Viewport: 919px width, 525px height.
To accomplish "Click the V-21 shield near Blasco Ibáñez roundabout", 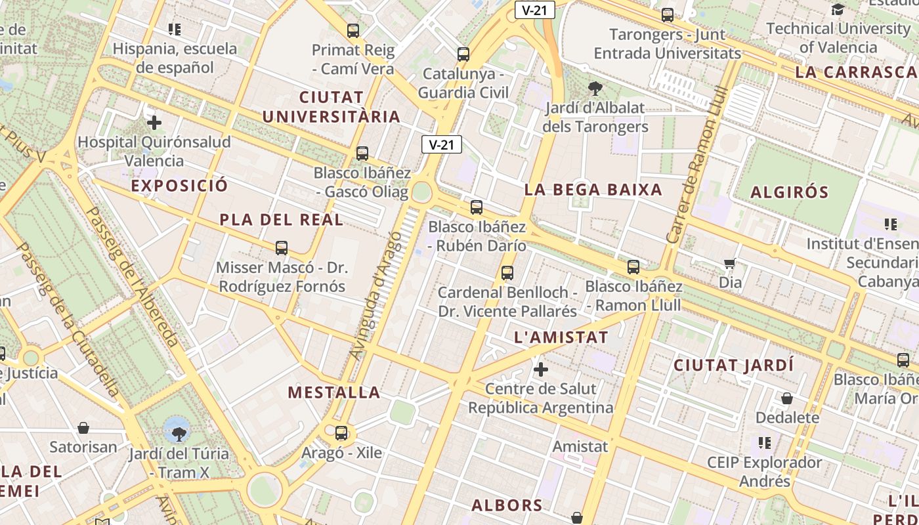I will tap(441, 144).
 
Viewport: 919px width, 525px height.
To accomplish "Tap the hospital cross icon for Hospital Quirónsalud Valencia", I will tap(154, 123).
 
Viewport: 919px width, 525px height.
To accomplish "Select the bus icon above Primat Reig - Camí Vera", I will tap(353, 30).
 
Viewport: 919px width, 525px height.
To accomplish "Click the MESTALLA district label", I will tap(334, 392).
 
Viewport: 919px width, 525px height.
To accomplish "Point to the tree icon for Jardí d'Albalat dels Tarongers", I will tap(595, 87).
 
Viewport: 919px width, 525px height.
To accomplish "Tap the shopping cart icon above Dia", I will tap(729, 264).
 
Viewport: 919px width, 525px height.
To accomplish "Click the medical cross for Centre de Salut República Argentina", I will tap(541, 369).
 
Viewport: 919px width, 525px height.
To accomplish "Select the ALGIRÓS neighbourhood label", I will tap(790, 192).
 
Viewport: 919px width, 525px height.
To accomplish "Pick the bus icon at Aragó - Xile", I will tap(341, 433).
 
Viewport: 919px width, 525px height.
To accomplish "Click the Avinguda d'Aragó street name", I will tap(375, 295).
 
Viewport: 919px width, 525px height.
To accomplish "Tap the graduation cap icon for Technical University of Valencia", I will tap(838, 9).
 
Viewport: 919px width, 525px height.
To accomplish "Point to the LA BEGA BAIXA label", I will tap(593, 190).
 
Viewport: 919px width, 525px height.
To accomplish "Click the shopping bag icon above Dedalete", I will tap(786, 398).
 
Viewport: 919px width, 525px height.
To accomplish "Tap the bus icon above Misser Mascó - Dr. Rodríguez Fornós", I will tap(282, 247).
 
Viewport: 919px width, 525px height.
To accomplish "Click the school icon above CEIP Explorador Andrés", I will tap(764, 443).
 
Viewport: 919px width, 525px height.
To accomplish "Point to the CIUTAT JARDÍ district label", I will tap(734, 365).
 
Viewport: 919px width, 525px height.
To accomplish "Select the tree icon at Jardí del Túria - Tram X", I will tap(178, 433).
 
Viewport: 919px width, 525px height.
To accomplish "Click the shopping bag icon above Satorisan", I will tap(83, 429).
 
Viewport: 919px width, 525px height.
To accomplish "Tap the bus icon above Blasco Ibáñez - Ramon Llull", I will tap(633, 267).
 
